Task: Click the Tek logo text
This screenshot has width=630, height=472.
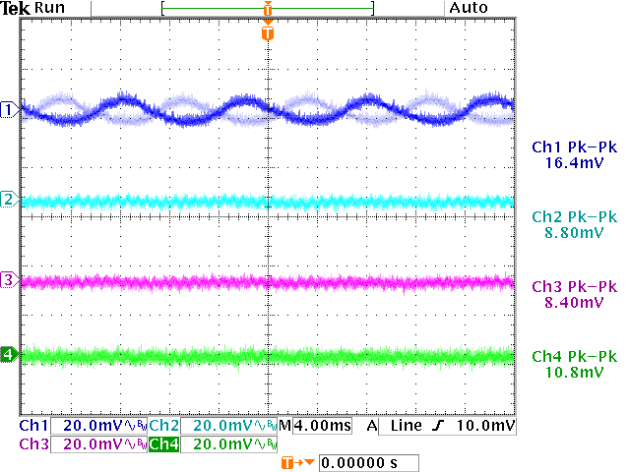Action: [x=15, y=8]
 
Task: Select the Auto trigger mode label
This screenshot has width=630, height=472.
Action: [x=468, y=8]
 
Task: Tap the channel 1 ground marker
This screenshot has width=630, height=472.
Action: [x=9, y=109]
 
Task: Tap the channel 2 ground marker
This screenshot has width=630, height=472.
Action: [x=9, y=200]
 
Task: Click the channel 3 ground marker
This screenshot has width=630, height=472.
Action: [x=9, y=281]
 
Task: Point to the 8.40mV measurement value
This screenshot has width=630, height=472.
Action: [x=573, y=303]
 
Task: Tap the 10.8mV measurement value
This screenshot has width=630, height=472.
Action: [x=573, y=373]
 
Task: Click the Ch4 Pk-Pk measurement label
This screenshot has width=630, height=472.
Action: [x=574, y=356]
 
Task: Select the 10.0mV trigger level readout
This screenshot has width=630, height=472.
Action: [x=487, y=426]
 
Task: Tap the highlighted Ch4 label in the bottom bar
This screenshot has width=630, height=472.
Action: [x=163, y=444]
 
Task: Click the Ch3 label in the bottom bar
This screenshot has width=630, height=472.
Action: [x=32, y=444]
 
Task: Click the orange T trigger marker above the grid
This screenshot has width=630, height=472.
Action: [x=267, y=33]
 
